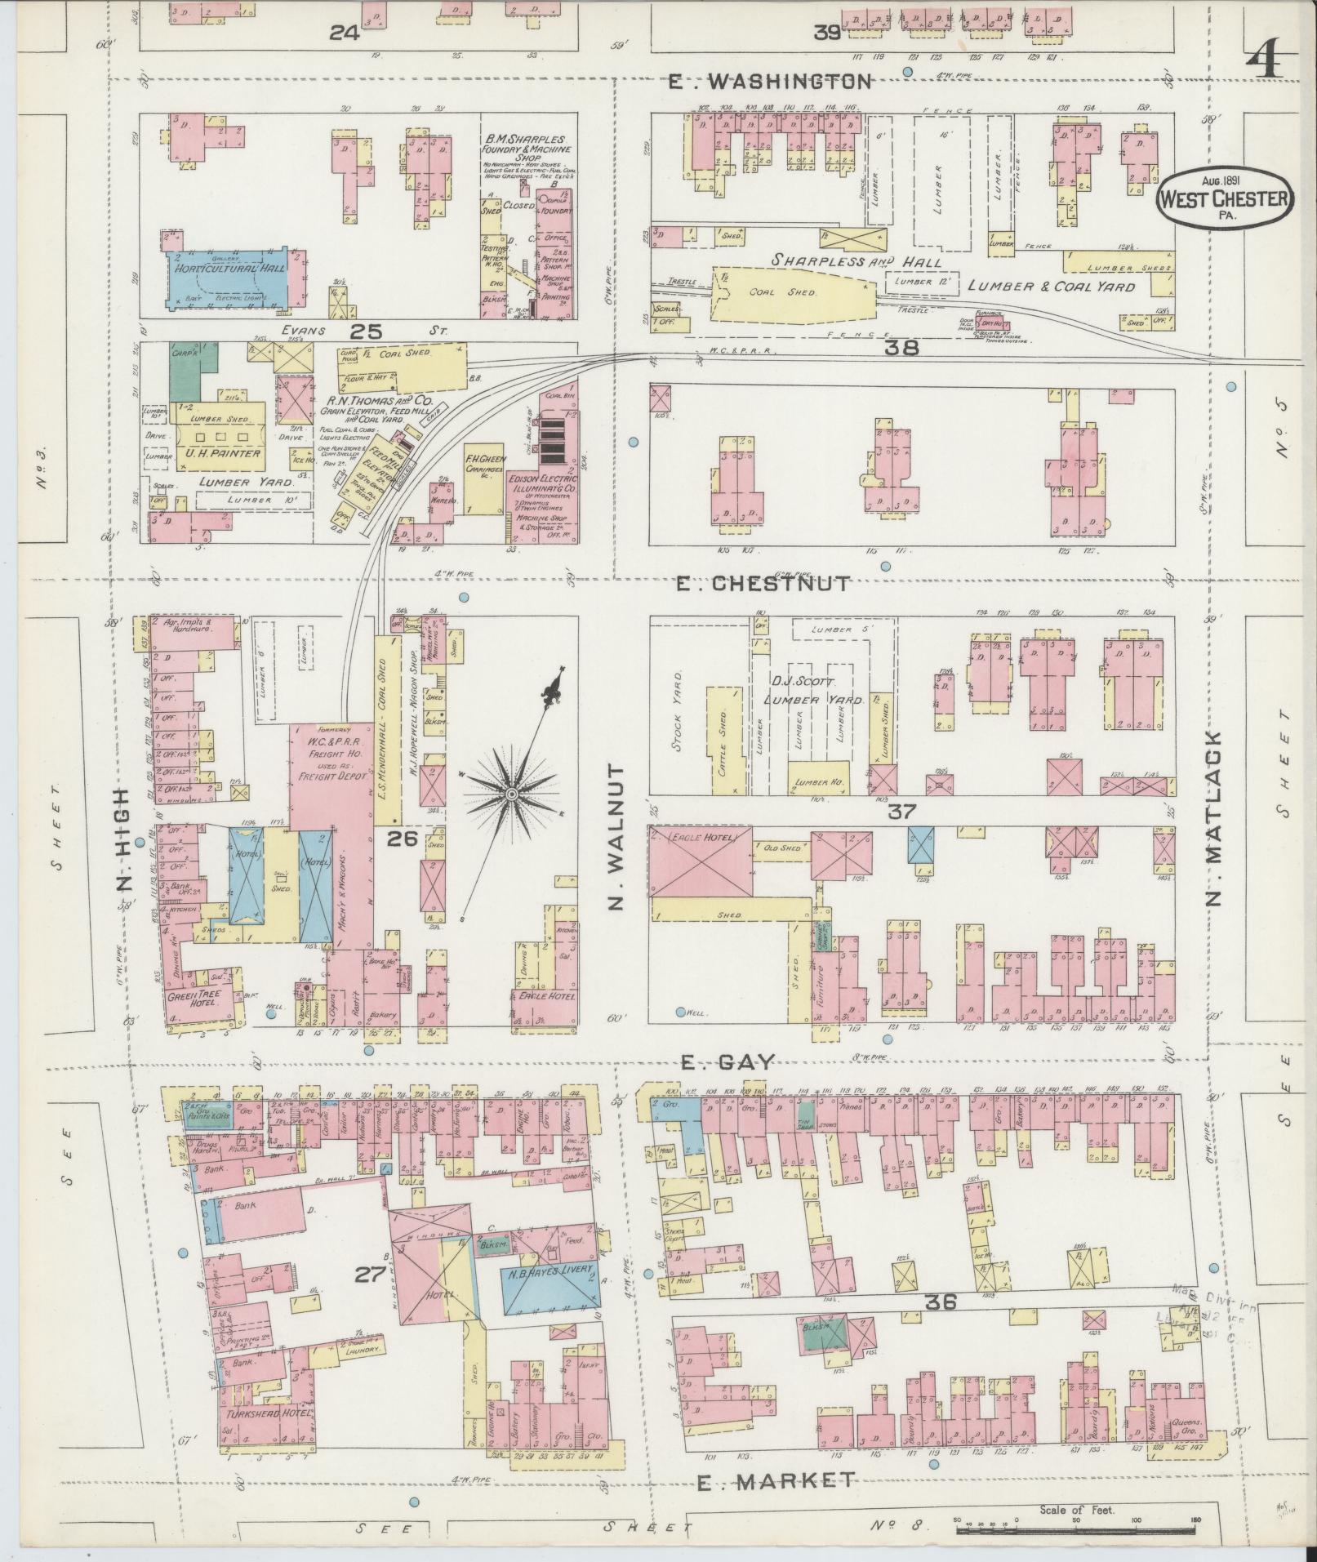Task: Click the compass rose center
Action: pos(511,794)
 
